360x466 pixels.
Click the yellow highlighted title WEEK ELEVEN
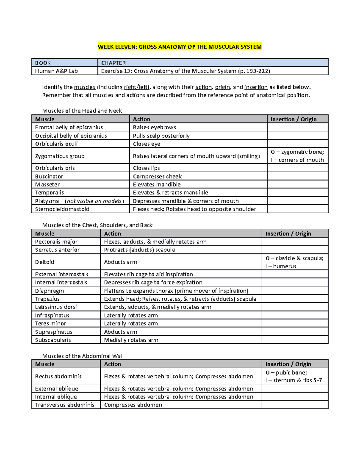pyautogui.click(x=180, y=47)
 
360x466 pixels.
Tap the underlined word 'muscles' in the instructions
pyautogui.click(x=85, y=87)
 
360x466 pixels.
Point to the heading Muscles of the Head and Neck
pyautogui.click(x=82, y=111)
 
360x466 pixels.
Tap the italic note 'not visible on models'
pyautogui.click(x=94, y=201)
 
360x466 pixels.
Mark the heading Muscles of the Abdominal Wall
pyautogui.click(x=83, y=356)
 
